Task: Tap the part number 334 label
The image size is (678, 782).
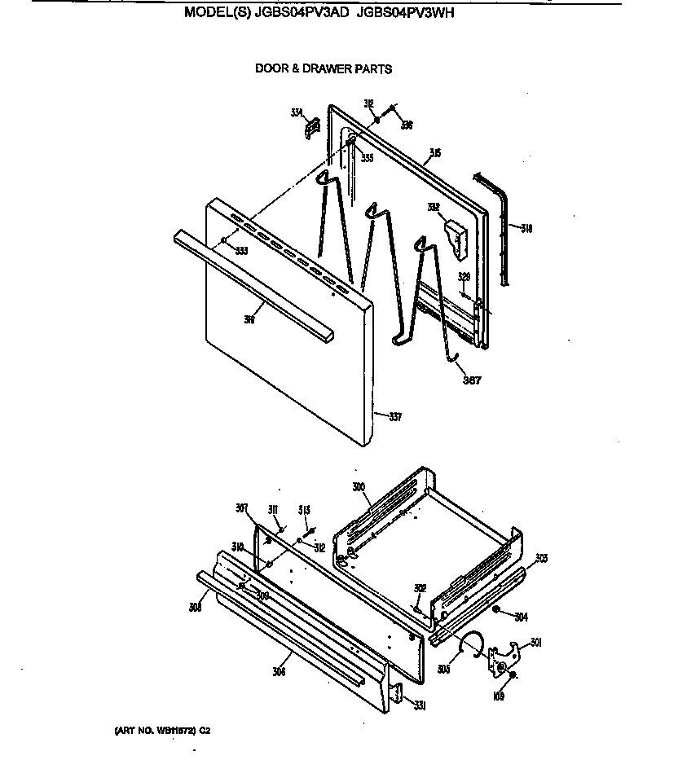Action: click(x=297, y=113)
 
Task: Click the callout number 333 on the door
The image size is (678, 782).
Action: click(x=241, y=251)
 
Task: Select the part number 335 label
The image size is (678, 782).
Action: click(x=368, y=158)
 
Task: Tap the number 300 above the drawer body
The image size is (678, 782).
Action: click(x=359, y=486)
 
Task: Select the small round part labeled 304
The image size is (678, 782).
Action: click(x=496, y=609)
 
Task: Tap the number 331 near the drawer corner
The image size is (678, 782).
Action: click(x=419, y=705)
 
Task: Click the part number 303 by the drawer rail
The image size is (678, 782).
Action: click(x=541, y=558)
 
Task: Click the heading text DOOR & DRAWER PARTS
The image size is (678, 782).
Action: click(x=324, y=69)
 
